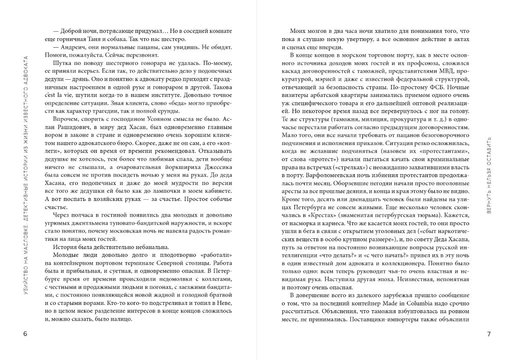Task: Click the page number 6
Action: (x=25, y=334)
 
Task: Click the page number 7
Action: (x=489, y=334)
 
